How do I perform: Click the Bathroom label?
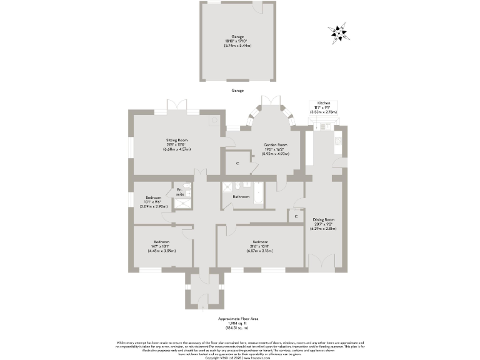pyautogui.click(x=241, y=197)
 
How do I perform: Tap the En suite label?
pyautogui.click(x=179, y=192)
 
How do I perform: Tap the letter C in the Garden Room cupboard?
pyautogui.click(x=237, y=164)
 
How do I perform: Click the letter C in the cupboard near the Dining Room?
pyautogui.click(x=296, y=216)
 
